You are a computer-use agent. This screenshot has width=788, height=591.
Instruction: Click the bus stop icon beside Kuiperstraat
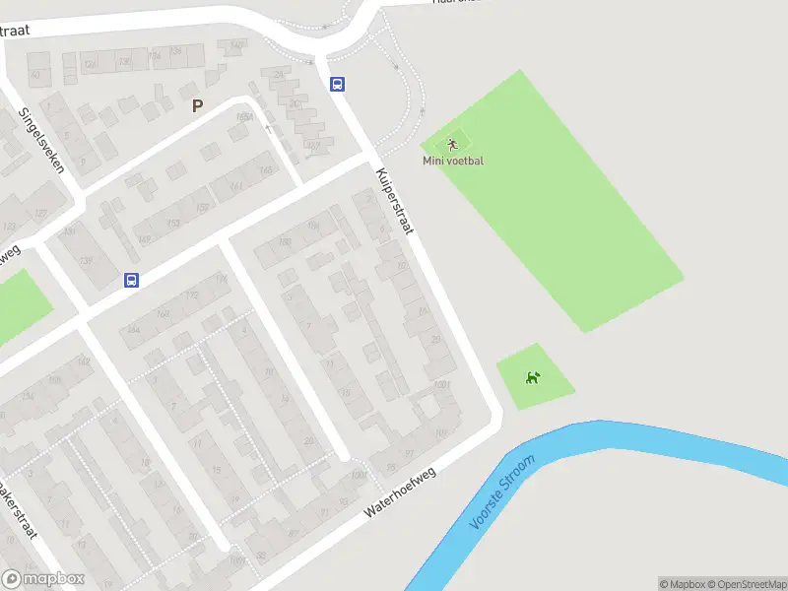[x=337, y=85]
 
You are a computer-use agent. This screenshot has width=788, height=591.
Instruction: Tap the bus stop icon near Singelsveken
[x=131, y=280]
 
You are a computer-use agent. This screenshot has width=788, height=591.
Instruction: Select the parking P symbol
[x=197, y=106]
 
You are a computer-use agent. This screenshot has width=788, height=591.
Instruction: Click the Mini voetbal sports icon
[x=453, y=145]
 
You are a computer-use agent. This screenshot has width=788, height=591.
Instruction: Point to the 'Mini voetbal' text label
[x=453, y=161]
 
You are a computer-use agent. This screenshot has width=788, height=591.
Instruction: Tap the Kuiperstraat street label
[x=394, y=201]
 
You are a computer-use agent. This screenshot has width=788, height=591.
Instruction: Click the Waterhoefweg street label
[x=399, y=492]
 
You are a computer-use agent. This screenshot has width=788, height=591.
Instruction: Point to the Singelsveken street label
[x=42, y=139]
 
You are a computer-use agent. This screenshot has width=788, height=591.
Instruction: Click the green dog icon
[x=533, y=377]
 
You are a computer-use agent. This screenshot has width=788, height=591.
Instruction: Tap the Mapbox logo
[x=43, y=579]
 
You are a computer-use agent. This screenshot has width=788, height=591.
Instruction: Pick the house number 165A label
[x=245, y=117]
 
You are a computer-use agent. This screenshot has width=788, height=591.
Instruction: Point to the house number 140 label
[x=235, y=45]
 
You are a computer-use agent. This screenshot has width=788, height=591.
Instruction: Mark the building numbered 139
[x=87, y=260]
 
